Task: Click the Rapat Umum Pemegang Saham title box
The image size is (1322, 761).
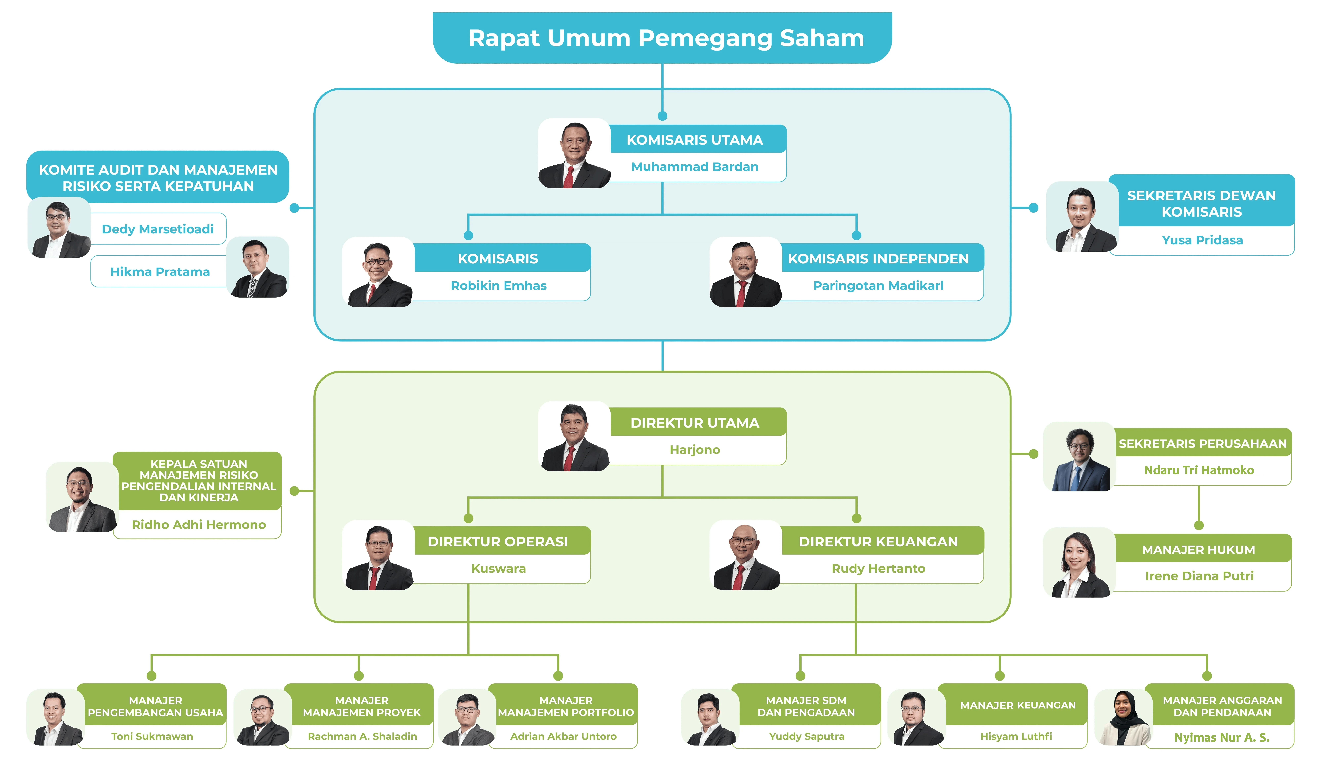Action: coord(662,38)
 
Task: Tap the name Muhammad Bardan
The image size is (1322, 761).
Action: coord(695,167)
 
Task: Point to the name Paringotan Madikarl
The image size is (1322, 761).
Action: coord(878,285)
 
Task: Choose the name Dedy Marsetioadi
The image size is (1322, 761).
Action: coord(157,229)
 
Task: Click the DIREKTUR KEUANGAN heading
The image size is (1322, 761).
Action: coord(878,542)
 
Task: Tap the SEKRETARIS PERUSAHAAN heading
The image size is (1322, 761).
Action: coord(1202,443)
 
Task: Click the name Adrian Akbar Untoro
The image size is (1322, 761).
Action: coord(563,736)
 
